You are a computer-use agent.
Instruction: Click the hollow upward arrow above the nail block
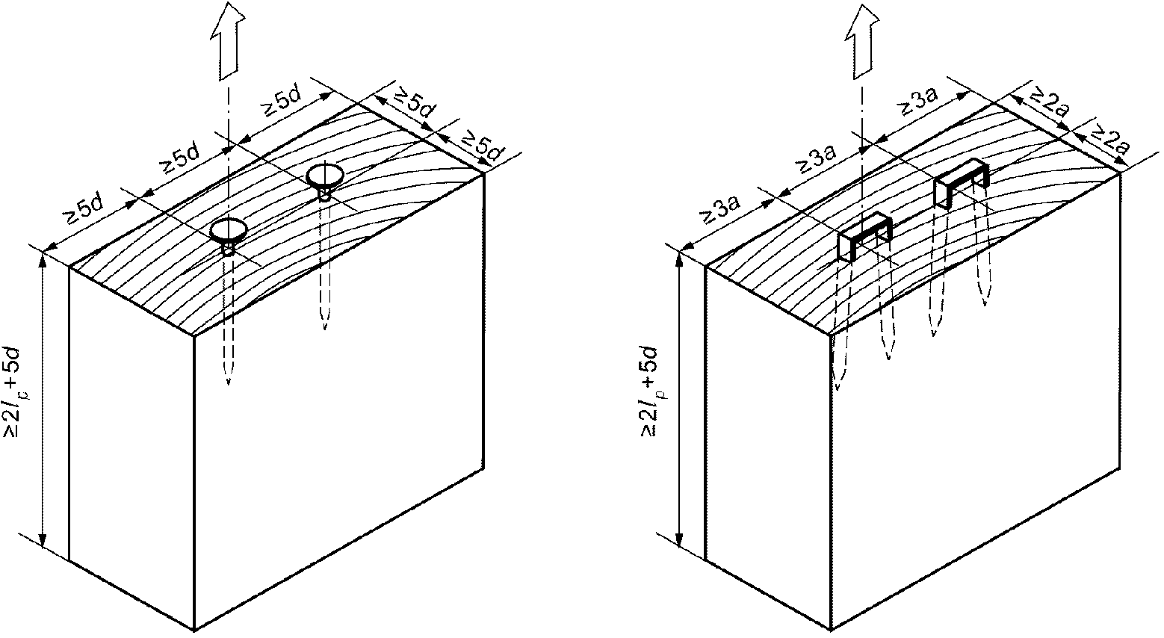coord(228,40)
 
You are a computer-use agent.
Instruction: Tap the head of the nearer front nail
coord(228,229)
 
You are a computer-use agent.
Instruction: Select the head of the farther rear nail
coord(324,176)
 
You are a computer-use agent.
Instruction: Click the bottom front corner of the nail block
coord(194,631)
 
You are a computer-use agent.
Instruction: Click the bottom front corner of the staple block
coord(830,631)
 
